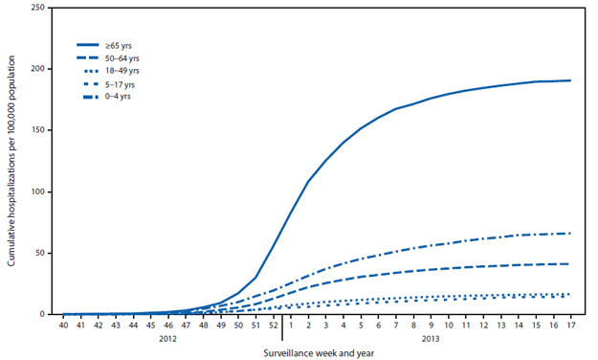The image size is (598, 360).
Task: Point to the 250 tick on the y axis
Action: [x=37, y=8]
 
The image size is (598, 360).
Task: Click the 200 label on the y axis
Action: [x=37, y=69]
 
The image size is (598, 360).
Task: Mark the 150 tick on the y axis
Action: [x=37, y=130]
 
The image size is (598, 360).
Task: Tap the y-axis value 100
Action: [x=37, y=191]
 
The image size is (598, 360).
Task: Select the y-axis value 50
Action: [x=40, y=253]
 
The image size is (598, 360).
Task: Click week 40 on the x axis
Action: [x=64, y=326]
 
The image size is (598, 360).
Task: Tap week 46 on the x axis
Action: [x=168, y=326]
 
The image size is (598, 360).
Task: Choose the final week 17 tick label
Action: [x=570, y=326]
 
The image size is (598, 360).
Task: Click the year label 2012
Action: [x=168, y=338]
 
